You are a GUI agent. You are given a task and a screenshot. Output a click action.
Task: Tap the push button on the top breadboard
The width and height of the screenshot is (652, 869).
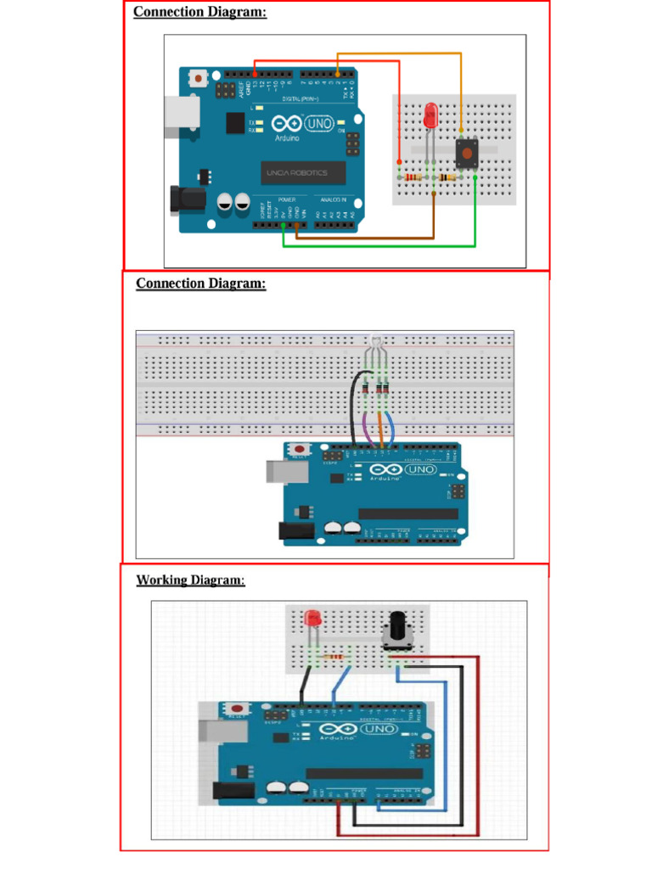(x=465, y=154)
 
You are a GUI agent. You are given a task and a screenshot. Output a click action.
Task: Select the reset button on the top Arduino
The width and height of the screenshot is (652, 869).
(x=198, y=79)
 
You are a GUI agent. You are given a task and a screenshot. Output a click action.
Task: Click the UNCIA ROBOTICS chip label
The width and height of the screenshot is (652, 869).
(x=296, y=173)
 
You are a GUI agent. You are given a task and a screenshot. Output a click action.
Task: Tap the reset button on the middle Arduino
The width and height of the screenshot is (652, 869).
(x=300, y=450)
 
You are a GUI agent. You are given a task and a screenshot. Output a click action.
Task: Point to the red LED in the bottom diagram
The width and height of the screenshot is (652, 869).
(x=313, y=618)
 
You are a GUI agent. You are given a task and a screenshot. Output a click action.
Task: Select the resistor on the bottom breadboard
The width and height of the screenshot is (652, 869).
(x=340, y=657)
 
